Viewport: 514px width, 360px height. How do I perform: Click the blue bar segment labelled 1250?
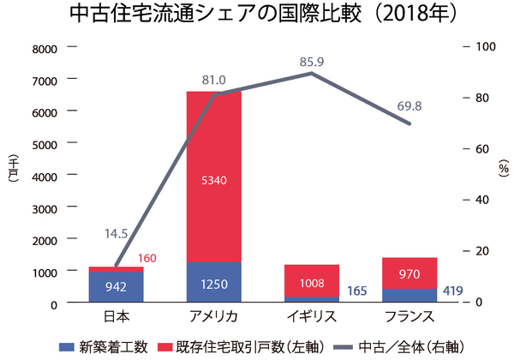coord(214,283)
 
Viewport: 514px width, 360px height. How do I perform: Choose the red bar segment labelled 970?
coord(409,273)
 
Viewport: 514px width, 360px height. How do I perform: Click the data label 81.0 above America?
coord(213,80)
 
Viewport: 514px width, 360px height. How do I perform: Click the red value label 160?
coord(147,259)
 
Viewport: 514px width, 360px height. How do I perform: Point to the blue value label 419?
coord(452,291)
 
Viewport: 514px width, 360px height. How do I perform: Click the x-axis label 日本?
coord(117,317)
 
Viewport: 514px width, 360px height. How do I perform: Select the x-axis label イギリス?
coord(312,317)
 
